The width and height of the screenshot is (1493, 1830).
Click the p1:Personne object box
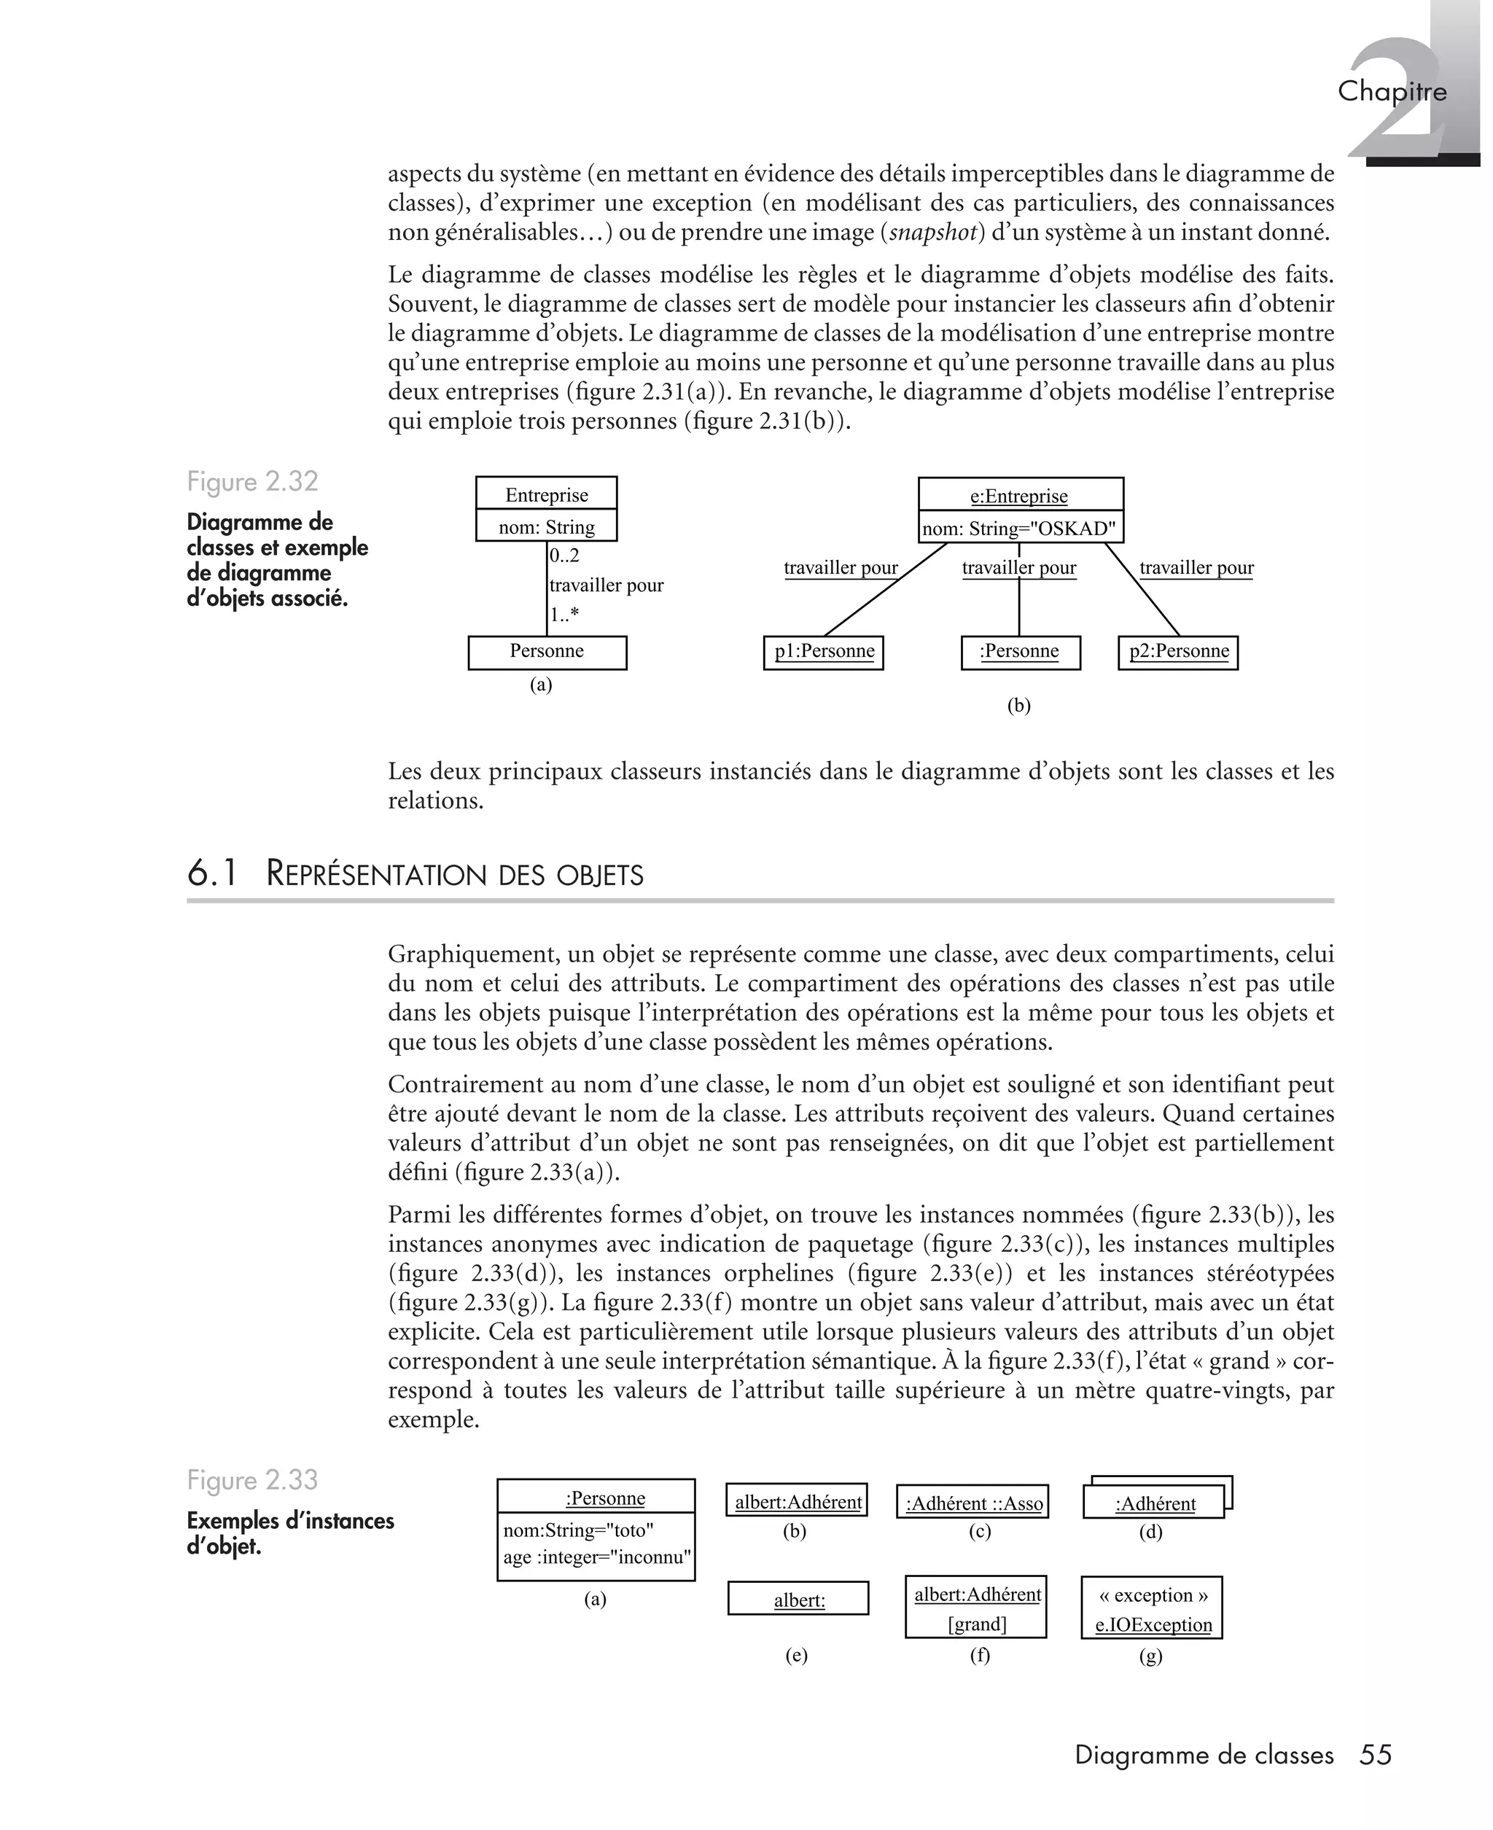click(823, 652)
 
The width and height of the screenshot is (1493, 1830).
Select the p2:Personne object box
click(1178, 652)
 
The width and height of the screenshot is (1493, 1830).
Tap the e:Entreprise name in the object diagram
click(1019, 497)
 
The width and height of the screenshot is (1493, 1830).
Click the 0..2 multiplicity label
click(564, 556)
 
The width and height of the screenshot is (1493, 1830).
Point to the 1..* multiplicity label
click(564, 615)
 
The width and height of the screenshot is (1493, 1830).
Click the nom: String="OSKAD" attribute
click(1019, 528)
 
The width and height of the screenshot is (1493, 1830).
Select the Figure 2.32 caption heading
click(252, 482)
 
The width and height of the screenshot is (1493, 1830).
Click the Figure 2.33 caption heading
click(252, 1480)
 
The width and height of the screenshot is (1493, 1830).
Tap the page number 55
click(1375, 1755)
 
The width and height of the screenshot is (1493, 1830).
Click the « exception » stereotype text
click(1153, 1595)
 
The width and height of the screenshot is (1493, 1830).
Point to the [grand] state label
click(977, 1624)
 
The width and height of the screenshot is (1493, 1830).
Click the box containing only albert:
click(798, 1599)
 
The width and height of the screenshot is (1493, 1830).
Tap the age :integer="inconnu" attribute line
click(597, 1557)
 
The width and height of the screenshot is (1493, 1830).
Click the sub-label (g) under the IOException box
click(1150, 1656)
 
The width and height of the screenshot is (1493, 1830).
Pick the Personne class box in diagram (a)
click(547, 652)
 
